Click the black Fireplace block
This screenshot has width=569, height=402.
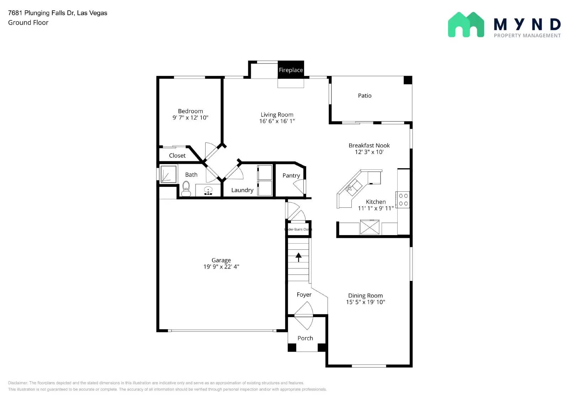pyautogui.click(x=291, y=70)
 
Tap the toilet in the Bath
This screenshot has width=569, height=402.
pyautogui.click(x=186, y=189)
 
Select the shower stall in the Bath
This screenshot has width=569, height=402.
pyautogui.click(x=168, y=174)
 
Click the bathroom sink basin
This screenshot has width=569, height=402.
pyautogui.click(x=208, y=191)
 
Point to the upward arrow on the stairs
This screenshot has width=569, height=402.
pyautogui.click(x=298, y=257)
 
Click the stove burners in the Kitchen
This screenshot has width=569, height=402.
pyautogui.click(x=403, y=200)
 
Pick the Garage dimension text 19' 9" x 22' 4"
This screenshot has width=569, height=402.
pyautogui.click(x=221, y=267)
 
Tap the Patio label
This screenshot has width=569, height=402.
pyautogui.click(x=365, y=96)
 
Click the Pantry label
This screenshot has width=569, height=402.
pyautogui.click(x=291, y=175)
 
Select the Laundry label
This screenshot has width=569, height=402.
pyautogui.click(x=242, y=190)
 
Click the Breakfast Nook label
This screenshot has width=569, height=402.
pyautogui.click(x=369, y=145)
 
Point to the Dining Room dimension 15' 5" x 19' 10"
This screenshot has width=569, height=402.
pyautogui.click(x=366, y=302)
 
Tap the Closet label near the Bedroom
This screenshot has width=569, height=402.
pyautogui.click(x=177, y=156)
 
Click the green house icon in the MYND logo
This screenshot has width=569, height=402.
pyautogui.click(x=466, y=25)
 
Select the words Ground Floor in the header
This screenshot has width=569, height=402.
pyautogui.click(x=28, y=22)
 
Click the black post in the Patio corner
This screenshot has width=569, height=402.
pyautogui.click(x=408, y=80)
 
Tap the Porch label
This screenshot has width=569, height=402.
pyautogui.click(x=305, y=338)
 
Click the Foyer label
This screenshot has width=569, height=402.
pyautogui.click(x=304, y=294)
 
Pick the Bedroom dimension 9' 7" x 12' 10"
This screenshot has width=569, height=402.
pyautogui.click(x=190, y=118)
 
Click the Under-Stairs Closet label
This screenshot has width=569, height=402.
pyautogui.click(x=299, y=229)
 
